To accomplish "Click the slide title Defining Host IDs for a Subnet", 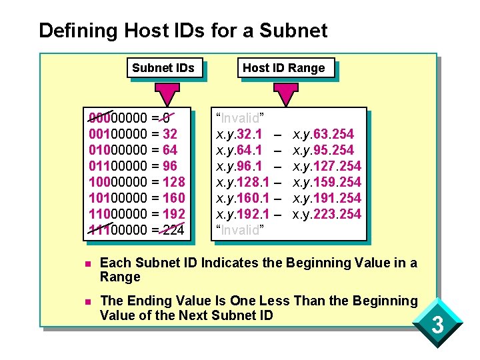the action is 183,31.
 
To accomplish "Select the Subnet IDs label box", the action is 163,68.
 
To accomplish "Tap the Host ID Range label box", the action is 284,68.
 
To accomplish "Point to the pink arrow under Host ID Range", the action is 287,94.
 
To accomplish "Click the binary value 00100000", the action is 118,134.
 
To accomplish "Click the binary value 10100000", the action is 118,198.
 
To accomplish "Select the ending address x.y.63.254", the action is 323,134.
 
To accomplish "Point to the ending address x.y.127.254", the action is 327,166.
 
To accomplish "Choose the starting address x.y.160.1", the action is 242,198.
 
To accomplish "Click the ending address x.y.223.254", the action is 327,214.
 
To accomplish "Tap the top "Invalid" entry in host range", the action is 238,118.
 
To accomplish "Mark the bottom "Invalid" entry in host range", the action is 238,230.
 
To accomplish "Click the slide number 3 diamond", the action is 438,327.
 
